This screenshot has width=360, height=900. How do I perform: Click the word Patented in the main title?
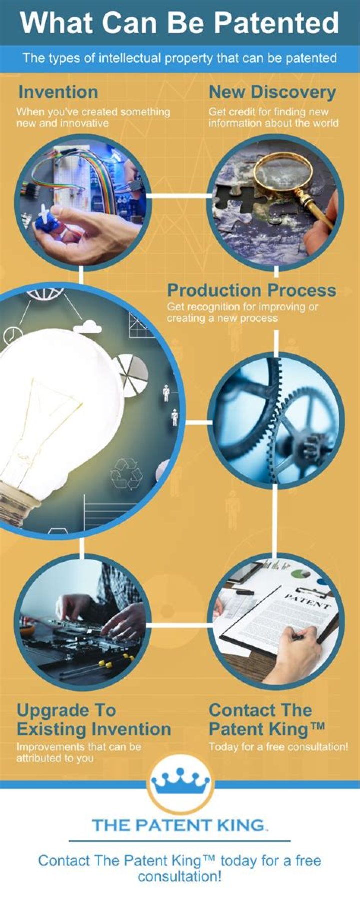tap(276, 23)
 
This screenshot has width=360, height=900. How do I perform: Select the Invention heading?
tap(58, 92)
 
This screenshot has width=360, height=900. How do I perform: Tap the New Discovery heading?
tap(272, 92)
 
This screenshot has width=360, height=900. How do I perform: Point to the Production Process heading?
tap(251, 290)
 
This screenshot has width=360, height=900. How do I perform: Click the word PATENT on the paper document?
tap(307, 601)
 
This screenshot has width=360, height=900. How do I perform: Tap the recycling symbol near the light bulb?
tap(126, 473)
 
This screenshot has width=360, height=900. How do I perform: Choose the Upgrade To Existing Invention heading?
tap(94, 719)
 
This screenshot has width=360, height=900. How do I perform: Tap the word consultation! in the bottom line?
tap(180, 877)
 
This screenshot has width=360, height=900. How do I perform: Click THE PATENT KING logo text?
tap(179, 825)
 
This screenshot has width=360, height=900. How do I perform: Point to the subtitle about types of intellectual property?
tap(180, 58)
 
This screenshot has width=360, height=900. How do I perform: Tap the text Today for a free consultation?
tap(278, 747)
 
